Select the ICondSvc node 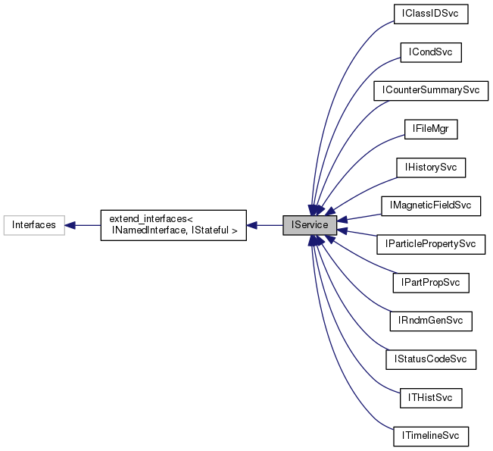(430, 52)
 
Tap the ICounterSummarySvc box (430, 91)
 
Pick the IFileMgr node (430, 130)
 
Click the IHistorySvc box (430, 167)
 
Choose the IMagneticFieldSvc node (430, 205)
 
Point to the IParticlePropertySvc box (430, 244)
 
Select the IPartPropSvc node (430, 283)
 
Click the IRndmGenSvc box (430, 321)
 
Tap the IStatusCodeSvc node (430, 359)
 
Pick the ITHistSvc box (430, 397)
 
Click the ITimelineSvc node (430, 436)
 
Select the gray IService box (309, 225)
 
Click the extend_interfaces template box (173, 225)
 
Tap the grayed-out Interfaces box (33, 225)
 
